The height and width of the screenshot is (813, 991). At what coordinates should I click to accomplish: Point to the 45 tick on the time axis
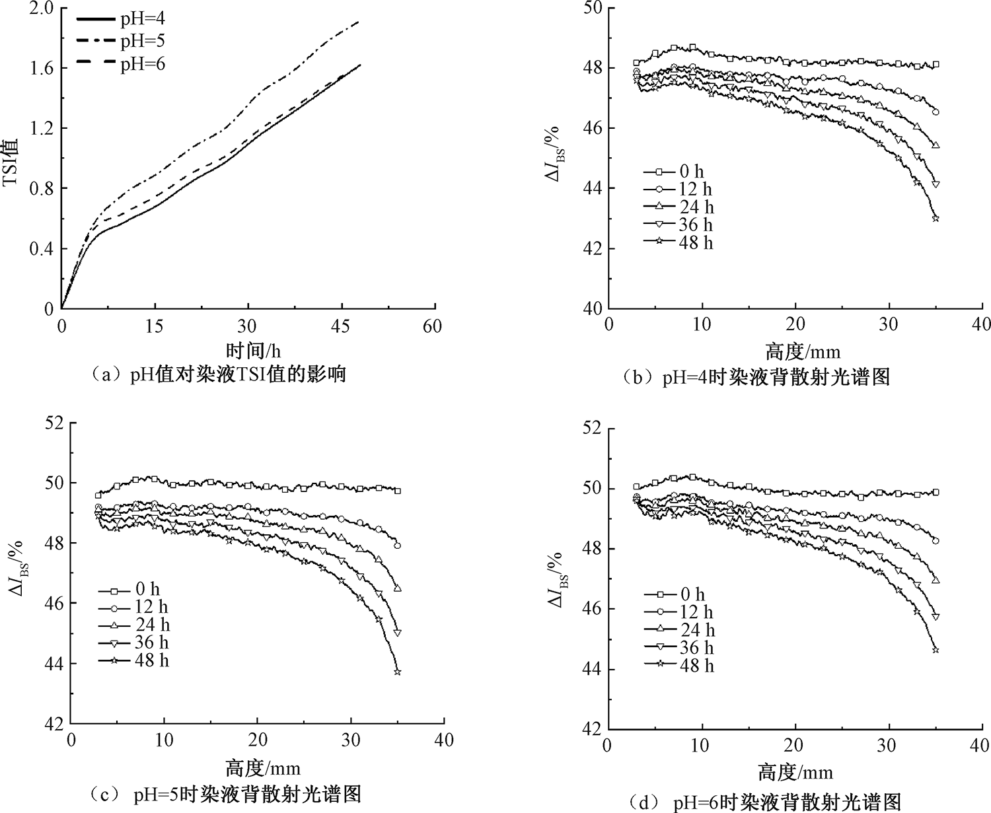point(342,326)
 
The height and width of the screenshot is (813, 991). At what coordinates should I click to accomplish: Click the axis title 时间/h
point(248,350)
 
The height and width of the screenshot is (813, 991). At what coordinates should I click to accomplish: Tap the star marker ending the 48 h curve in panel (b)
point(936,218)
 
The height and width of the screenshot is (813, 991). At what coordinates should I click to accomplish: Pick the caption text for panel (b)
point(756,377)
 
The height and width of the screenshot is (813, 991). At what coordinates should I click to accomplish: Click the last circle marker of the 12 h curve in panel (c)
point(398,546)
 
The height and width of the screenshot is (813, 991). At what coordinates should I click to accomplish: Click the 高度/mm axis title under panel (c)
point(262,768)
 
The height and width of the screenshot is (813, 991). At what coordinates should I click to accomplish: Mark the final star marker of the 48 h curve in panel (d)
point(936,650)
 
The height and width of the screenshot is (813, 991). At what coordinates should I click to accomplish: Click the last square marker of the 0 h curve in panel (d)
point(936,492)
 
